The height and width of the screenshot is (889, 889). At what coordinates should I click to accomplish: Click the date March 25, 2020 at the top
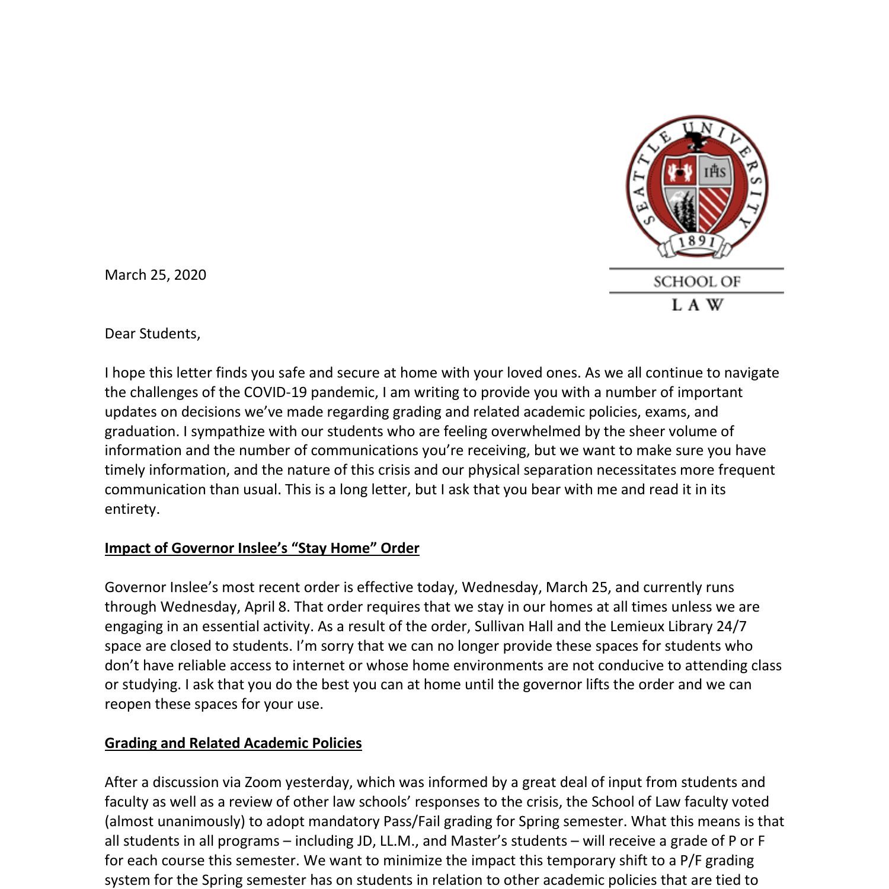[155, 275]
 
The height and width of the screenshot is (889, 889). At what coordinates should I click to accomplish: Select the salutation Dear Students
[152, 334]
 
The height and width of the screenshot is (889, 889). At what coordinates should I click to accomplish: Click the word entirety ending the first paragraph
[132, 509]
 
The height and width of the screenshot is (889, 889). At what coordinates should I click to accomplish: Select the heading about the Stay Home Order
[262, 548]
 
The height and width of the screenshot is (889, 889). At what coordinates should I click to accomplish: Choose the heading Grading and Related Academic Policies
[233, 743]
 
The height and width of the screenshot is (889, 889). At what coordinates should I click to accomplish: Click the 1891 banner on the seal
[696, 242]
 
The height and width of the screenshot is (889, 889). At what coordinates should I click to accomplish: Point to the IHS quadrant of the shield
[715, 172]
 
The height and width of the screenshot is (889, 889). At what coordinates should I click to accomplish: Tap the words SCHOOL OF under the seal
[697, 282]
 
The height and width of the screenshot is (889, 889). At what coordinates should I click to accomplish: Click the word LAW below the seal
[697, 305]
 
